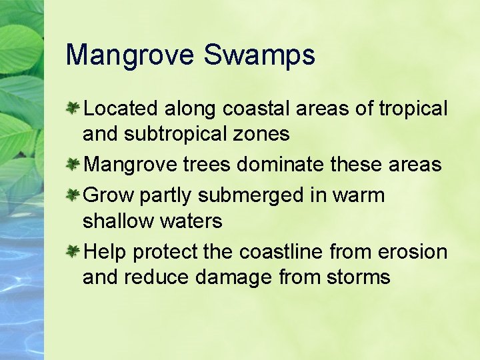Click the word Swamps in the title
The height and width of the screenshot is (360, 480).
pos(259,55)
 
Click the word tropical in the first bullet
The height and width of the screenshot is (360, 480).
pos(413,109)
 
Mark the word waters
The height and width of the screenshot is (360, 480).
pos(191,221)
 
